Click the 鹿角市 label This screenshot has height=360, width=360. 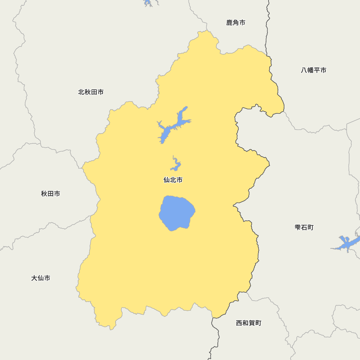[236, 23]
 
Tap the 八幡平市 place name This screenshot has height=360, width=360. [314, 70]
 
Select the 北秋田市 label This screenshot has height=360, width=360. [91, 92]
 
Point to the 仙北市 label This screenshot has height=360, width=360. [173, 180]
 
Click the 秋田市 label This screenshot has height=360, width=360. [50, 194]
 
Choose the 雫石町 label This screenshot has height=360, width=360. [304, 228]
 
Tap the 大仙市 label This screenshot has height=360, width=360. [41, 278]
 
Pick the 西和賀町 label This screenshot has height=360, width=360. [248, 323]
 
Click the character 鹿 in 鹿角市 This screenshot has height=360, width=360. [229, 23]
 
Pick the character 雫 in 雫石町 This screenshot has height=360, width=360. [298, 228]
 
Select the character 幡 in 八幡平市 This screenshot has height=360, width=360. [310, 70]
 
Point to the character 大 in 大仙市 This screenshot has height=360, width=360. [34, 278]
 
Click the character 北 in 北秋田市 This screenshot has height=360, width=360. [81, 92]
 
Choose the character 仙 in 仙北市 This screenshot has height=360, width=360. [167, 180]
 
